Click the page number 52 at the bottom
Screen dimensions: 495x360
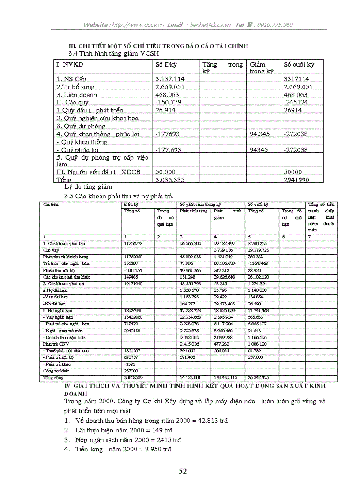point(183,471)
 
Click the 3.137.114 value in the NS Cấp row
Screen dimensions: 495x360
point(170,79)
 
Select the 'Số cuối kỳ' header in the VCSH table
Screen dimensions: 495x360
point(299,65)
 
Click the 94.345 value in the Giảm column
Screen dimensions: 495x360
point(259,134)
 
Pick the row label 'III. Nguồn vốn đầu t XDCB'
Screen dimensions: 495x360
point(98,172)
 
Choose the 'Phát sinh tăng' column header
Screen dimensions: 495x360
point(193,211)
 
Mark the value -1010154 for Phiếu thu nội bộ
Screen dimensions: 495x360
point(134,270)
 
